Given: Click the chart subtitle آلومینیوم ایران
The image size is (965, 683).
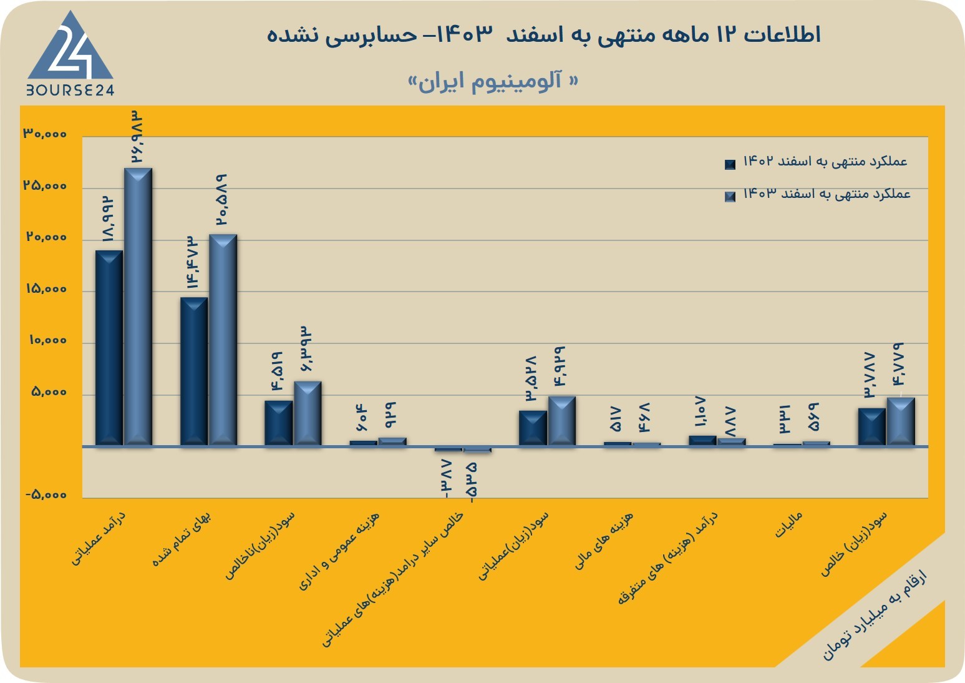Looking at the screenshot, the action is point(493,81).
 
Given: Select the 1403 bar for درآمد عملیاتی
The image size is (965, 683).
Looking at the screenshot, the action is point(138,307).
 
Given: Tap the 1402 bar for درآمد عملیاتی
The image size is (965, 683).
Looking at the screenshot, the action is point(109,348).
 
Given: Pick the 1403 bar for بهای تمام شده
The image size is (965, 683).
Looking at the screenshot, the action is point(223,340).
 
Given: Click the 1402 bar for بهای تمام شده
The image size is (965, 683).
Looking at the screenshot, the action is point(194,371).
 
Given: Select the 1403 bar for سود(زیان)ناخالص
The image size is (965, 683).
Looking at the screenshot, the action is point(308,413).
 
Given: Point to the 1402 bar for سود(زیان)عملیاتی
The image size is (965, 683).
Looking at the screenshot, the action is point(533,428).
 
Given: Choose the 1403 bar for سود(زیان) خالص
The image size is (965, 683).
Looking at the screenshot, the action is point(901,421).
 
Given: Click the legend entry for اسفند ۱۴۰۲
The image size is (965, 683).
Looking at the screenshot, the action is point(817,162).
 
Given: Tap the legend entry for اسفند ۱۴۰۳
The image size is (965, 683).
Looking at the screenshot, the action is point(818,194).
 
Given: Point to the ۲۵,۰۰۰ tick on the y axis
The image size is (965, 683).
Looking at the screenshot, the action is point(46,186).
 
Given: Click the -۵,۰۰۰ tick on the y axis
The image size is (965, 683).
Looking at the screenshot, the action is point(46,494).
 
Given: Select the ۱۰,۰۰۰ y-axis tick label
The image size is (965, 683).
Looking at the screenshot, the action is point(48,340).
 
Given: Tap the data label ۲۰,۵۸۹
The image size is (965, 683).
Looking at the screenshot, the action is point(222,199).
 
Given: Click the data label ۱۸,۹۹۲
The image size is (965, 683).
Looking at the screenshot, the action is point(108,218).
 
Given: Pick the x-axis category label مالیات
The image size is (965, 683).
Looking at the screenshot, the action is point(789,524).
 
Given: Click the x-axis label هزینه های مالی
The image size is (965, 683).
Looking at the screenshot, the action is point(604,541).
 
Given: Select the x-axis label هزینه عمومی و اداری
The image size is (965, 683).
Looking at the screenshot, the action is point(339,551).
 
